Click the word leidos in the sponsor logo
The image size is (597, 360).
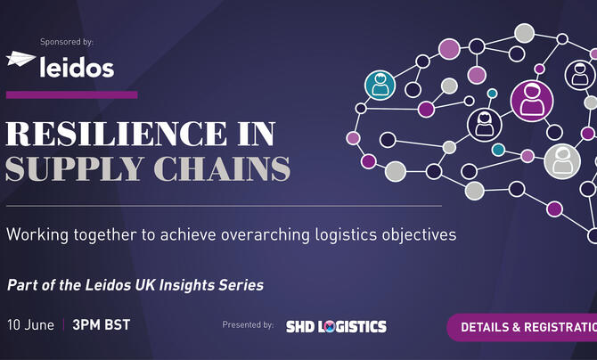click(x=77, y=64)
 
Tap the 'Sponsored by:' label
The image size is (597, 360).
click(x=67, y=42)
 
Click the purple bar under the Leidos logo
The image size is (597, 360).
click(x=71, y=94)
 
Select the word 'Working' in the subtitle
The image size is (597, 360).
click(x=35, y=235)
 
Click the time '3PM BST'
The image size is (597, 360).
click(x=101, y=325)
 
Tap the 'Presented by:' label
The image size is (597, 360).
click(x=249, y=326)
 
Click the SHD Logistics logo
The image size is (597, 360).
click(x=336, y=326)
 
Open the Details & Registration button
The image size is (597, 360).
click(x=526, y=327)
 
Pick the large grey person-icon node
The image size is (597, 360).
click(x=562, y=160)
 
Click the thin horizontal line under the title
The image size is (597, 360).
click(x=223, y=206)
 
